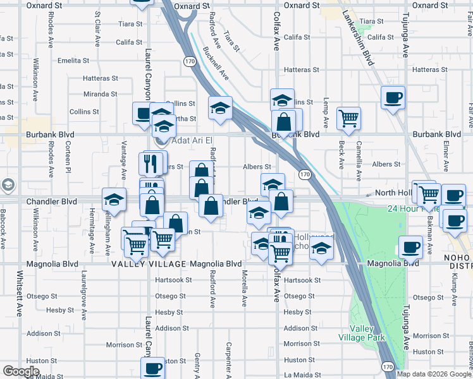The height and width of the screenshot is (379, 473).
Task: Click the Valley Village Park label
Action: click(x=368, y=333)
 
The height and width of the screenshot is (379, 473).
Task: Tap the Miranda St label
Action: click(x=101, y=94)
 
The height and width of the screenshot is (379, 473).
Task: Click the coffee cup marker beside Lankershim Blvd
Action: click(x=393, y=98)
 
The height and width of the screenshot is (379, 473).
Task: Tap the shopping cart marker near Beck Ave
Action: click(x=348, y=117)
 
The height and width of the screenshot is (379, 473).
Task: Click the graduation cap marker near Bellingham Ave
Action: click(x=114, y=200)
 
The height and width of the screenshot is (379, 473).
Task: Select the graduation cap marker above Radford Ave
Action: click(x=220, y=108)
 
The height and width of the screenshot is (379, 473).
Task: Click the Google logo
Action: click(x=21, y=371)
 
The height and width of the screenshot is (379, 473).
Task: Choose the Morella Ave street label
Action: click(x=244, y=289)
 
